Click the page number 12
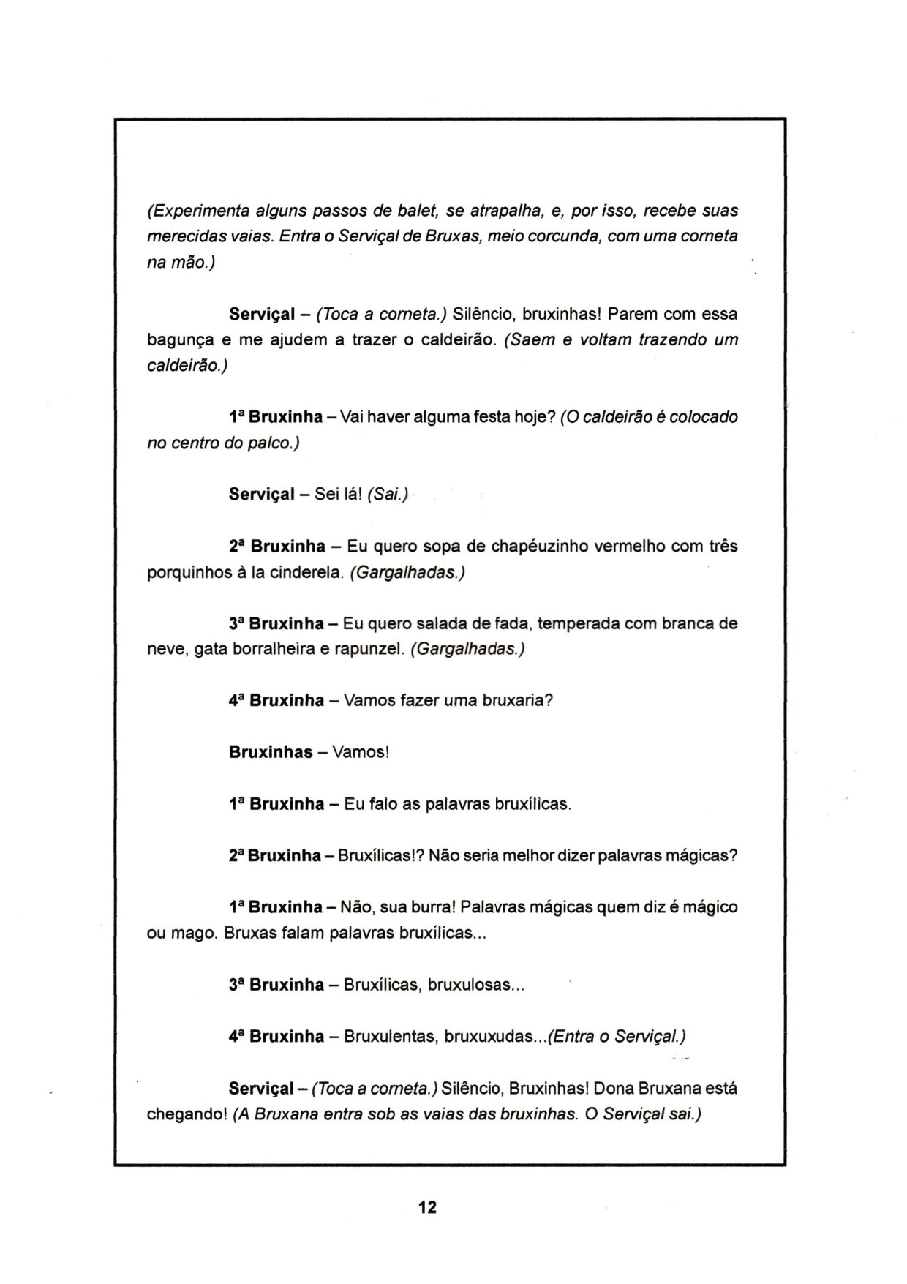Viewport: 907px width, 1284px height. [427, 1206]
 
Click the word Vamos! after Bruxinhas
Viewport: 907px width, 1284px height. [360, 753]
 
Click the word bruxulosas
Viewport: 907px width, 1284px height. [475, 985]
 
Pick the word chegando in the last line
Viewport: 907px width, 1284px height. [187, 1115]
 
